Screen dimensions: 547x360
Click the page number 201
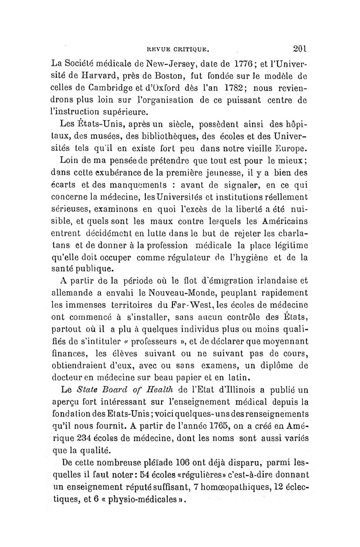click(298, 47)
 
